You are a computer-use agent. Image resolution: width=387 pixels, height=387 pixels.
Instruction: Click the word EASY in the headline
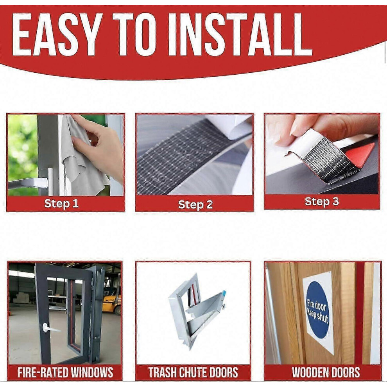coord(57,34)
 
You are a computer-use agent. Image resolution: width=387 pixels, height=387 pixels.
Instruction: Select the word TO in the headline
coord(134,34)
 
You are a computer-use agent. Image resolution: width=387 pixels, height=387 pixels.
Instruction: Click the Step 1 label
coord(61,204)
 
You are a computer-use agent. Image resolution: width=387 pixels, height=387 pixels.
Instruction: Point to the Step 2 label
coord(195,204)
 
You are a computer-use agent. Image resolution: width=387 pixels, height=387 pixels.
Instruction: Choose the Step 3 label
coord(322,202)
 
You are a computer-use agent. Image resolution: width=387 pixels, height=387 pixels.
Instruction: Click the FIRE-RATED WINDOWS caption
coord(65,373)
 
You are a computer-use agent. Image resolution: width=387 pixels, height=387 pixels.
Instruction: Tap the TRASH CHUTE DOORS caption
coord(193,373)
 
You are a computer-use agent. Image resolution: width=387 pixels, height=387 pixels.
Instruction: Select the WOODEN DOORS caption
coord(326,373)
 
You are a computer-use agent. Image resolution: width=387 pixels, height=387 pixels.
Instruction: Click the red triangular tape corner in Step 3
coord(360,154)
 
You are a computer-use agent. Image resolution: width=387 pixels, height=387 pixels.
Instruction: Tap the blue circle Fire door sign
coord(318,310)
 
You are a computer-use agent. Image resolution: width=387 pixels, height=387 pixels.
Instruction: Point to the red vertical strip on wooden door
coord(360,313)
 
